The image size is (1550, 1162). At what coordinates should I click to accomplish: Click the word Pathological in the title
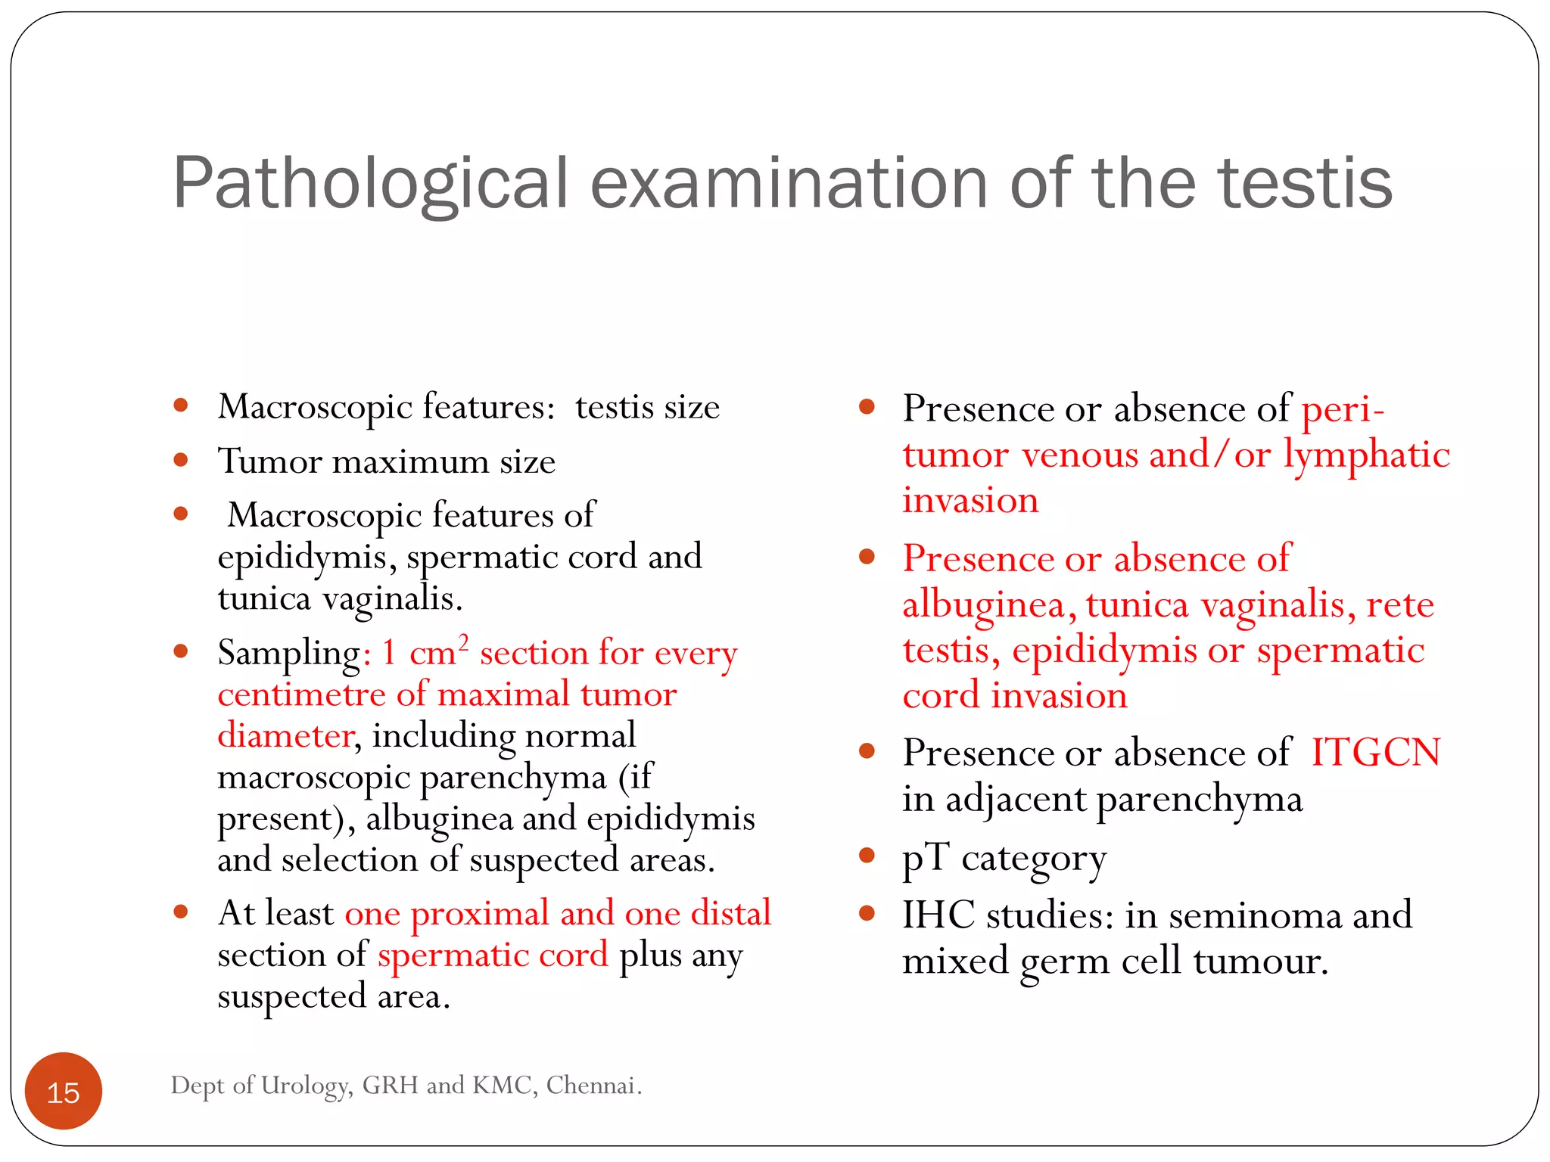point(370,184)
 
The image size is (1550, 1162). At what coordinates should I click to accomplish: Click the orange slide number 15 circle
point(64,1091)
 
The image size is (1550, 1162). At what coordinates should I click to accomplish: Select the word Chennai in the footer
point(593,1085)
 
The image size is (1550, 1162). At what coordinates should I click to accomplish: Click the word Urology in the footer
point(307,1086)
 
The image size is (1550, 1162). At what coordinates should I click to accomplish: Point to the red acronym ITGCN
point(1375,753)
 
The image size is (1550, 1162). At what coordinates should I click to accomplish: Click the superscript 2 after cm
point(463,642)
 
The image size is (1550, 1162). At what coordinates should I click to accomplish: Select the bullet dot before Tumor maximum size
point(181,460)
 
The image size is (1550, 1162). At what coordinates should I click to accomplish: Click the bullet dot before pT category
point(867,856)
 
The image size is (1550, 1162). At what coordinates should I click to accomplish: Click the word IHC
point(938,915)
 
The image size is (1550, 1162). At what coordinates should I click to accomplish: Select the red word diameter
point(285,736)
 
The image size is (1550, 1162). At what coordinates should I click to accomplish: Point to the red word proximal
point(480,914)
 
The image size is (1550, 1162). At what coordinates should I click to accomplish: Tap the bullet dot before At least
point(181,912)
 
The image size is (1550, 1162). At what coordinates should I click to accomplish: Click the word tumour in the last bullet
point(1260,962)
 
